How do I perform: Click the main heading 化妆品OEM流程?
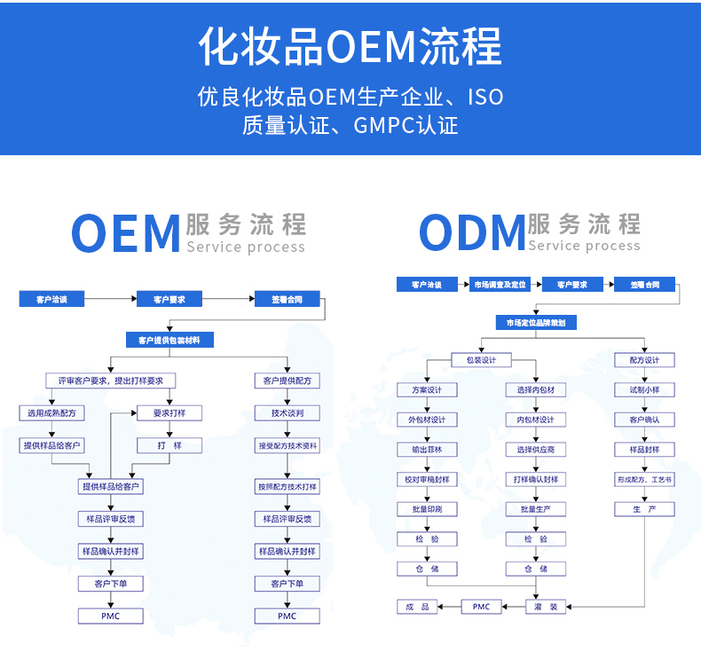(350, 46)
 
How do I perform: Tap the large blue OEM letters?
(125, 234)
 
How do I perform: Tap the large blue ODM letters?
(471, 234)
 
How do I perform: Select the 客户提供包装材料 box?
(169, 340)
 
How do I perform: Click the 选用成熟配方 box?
(51, 412)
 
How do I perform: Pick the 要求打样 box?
(168, 412)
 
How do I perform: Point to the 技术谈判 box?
(287, 412)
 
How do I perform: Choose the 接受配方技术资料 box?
(287, 445)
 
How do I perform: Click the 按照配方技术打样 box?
(287, 486)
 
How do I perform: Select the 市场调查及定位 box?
(500, 285)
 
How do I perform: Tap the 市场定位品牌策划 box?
(536, 323)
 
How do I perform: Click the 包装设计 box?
(481, 360)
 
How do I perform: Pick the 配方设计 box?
(644, 360)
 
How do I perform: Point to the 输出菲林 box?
(426, 450)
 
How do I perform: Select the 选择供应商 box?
(535, 450)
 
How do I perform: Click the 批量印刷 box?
(426, 509)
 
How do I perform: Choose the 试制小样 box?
(644, 390)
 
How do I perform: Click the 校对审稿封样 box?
(426, 480)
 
